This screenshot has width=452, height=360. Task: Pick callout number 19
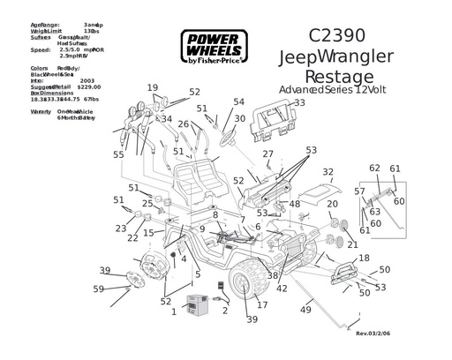pyautogui.click(x=153, y=87)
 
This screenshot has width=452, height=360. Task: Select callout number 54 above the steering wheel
pyautogui.click(x=238, y=102)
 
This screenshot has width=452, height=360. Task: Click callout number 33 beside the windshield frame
pyautogui.click(x=299, y=102)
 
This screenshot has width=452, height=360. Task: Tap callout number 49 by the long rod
pyautogui.click(x=306, y=310)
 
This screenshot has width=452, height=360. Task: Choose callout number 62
pyautogui.click(x=374, y=168)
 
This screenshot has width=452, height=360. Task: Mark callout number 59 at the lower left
pyautogui.click(x=99, y=289)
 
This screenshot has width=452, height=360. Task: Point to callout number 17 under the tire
pyautogui.click(x=262, y=305)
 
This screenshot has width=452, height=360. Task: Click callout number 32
pyautogui.click(x=328, y=172)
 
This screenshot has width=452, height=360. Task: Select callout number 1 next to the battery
pyautogui.click(x=174, y=311)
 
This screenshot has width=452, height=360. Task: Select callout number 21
pyautogui.click(x=352, y=244)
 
